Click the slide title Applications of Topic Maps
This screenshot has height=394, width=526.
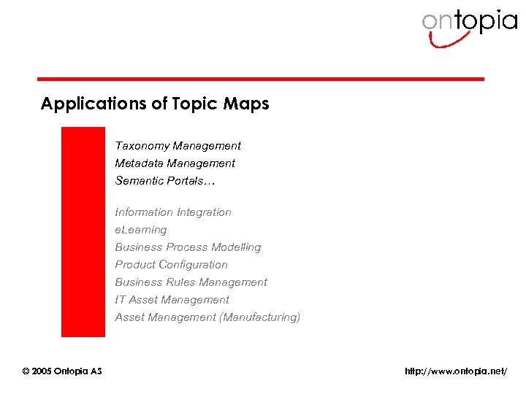[x=155, y=104]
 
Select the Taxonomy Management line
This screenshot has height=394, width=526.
[x=178, y=146]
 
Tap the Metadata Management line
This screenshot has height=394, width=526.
[x=175, y=163]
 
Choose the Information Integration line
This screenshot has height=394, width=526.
[x=173, y=212]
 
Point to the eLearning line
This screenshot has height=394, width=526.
[x=141, y=230]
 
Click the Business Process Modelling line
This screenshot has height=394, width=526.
[x=188, y=247]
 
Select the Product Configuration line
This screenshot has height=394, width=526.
[x=171, y=265]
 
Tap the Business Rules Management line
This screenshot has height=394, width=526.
[x=191, y=282]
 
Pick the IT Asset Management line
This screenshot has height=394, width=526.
[x=172, y=300]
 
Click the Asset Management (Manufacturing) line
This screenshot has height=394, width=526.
[x=207, y=317]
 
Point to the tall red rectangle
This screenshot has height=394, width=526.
[x=83, y=231]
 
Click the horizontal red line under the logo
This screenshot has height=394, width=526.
[x=261, y=79]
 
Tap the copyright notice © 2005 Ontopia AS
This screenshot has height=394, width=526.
[x=62, y=371]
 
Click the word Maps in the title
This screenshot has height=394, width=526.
[x=250, y=104]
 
